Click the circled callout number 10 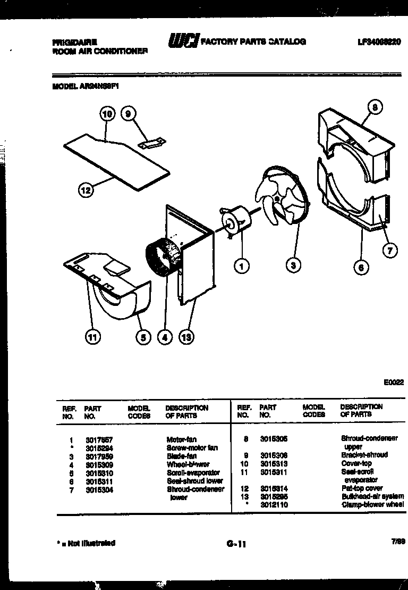click(x=107, y=113)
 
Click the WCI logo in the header click(x=183, y=41)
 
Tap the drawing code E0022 click(x=393, y=382)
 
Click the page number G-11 click(x=236, y=544)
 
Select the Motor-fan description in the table click(x=182, y=440)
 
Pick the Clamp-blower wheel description click(x=372, y=504)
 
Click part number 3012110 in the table click(x=274, y=504)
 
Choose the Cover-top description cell click(x=356, y=463)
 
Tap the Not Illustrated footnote click(x=86, y=543)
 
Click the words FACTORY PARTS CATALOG click(x=252, y=41)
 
